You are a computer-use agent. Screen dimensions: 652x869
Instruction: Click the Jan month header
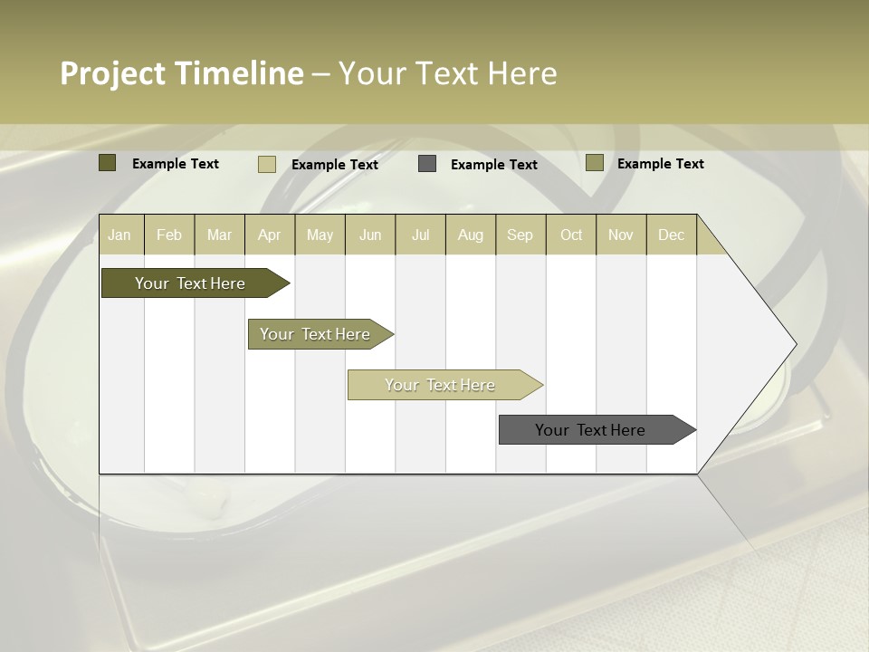pyautogui.click(x=119, y=235)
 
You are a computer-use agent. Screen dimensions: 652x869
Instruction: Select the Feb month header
pyautogui.click(x=169, y=235)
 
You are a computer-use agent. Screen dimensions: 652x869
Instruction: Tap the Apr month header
pyautogui.click(x=269, y=235)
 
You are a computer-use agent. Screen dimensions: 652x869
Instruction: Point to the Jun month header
pyautogui.click(x=370, y=235)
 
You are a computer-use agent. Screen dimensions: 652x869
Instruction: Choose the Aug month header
pyautogui.click(x=470, y=235)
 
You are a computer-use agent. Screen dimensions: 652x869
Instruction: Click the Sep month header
pyautogui.click(x=520, y=235)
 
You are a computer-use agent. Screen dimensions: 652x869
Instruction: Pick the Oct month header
pyautogui.click(x=571, y=235)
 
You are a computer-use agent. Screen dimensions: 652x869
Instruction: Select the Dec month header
pyautogui.click(x=671, y=235)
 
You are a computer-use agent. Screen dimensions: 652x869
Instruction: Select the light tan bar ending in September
pyautogui.click(x=441, y=385)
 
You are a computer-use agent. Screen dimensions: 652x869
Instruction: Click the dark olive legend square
pyautogui.click(x=107, y=163)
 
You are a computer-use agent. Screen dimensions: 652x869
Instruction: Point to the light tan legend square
pyautogui.click(x=266, y=164)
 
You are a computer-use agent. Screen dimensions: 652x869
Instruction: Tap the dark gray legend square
pyautogui.click(x=427, y=164)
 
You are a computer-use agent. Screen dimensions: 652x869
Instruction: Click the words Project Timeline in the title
pyautogui.click(x=181, y=73)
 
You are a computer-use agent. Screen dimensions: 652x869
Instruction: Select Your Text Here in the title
pyautogui.click(x=447, y=73)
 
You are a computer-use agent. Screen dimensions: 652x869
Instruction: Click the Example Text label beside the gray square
pyautogui.click(x=493, y=165)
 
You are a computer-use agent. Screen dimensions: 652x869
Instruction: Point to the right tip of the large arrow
pyautogui.click(x=794, y=344)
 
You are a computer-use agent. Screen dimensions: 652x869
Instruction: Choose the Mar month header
pyautogui.click(x=219, y=235)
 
